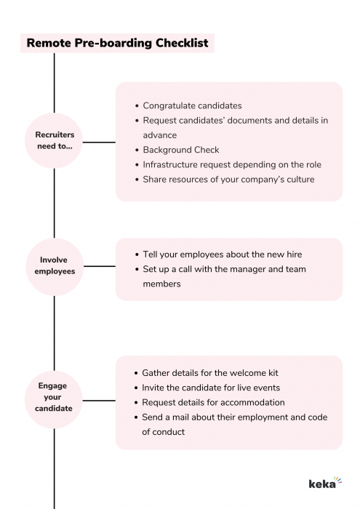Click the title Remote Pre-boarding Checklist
click(x=117, y=43)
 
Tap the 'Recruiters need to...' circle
click(x=55, y=141)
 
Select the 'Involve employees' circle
click(x=55, y=265)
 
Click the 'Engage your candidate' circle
click(x=55, y=397)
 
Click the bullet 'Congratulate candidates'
click(x=192, y=105)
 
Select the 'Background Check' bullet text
click(x=180, y=150)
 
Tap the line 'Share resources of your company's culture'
click(x=228, y=179)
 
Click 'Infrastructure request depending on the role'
click(x=231, y=164)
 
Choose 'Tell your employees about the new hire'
click(x=222, y=254)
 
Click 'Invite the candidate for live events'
click(x=211, y=388)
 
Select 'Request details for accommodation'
click(x=213, y=402)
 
